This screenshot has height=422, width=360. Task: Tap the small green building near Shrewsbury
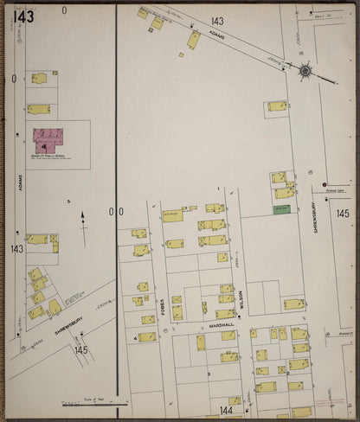(x=281, y=209)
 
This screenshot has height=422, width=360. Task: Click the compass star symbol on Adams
(x=305, y=70)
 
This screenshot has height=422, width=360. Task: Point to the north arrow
(x=83, y=220)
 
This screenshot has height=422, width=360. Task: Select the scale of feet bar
(x=95, y=403)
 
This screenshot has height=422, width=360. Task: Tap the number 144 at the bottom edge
(x=226, y=411)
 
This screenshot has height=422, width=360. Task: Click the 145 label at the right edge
(x=343, y=213)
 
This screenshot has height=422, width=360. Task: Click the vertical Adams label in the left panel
(x=19, y=183)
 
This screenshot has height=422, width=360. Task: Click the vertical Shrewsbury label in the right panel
(x=313, y=208)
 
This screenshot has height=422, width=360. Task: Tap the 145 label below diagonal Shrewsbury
(x=81, y=350)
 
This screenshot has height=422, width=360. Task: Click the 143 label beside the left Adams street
(x=17, y=249)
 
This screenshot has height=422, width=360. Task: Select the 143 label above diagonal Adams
(x=216, y=21)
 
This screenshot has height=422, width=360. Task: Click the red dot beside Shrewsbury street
(x=325, y=184)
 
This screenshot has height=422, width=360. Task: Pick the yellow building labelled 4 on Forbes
(x=147, y=336)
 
